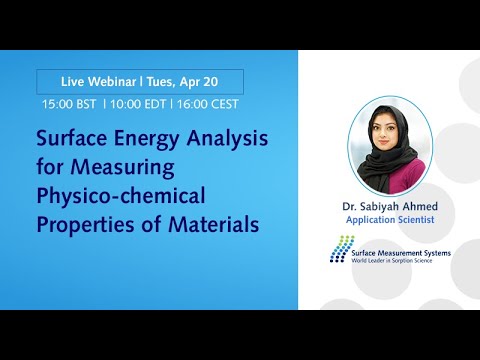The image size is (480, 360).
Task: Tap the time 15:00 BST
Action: point(69,104)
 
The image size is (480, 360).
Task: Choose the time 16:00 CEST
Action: point(209,104)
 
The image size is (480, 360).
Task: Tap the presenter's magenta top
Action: point(398,184)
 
